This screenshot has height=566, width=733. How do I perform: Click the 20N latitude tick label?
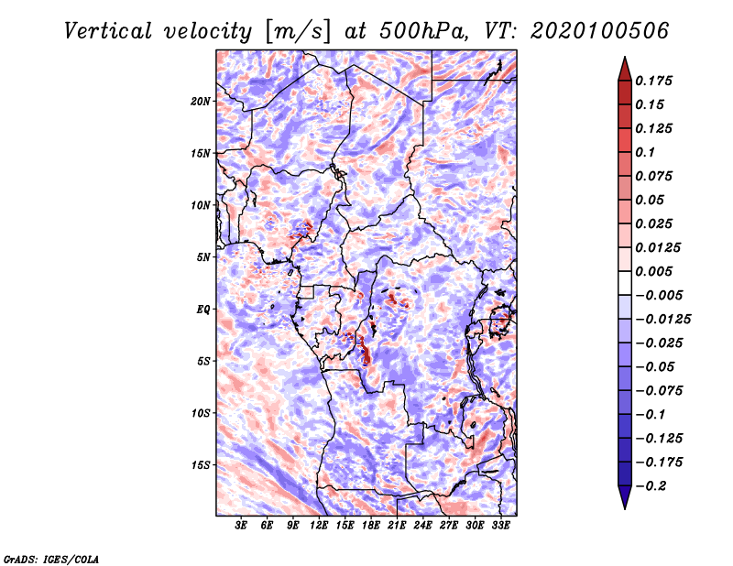[201, 102]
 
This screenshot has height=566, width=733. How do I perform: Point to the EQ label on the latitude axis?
[202, 310]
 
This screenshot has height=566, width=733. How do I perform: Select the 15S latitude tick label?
[201, 465]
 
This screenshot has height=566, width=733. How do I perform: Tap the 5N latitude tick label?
[202, 257]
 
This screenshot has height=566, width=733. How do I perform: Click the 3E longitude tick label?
[241, 526]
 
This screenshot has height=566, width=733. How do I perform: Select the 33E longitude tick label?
[500, 526]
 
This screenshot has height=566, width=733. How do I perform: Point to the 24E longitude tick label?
[422, 526]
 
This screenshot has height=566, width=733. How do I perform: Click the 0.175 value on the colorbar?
[653, 81]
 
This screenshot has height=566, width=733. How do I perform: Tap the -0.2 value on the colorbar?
[651, 486]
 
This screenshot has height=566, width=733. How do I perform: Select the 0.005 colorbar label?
[653, 271]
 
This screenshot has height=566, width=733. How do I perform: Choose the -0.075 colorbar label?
[659, 391]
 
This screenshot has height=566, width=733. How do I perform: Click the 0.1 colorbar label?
[645, 152]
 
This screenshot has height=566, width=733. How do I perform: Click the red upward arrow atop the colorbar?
[625, 69]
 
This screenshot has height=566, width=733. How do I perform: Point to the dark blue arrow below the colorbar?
[625, 497]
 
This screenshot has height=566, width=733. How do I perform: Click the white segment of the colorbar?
[625, 283]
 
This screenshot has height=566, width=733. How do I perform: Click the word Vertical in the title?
[108, 31]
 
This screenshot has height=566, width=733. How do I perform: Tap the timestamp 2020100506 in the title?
[600, 31]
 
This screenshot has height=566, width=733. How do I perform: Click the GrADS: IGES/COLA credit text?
[51, 559]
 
